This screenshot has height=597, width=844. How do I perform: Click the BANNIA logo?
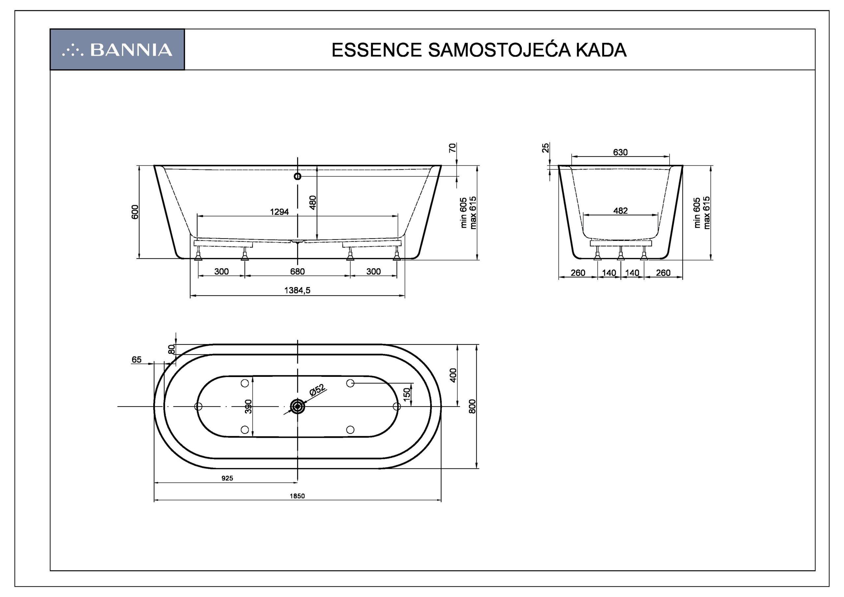click(x=117, y=50)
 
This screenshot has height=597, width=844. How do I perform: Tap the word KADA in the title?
click(x=601, y=50)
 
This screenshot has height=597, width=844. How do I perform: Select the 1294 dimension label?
click(x=279, y=212)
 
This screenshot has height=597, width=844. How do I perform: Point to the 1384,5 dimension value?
click(x=297, y=290)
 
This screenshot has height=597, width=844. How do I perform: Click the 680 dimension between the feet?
click(x=297, y=272)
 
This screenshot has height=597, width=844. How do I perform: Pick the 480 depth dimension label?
click(x=313, y=202)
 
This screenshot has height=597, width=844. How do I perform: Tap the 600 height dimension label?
click(x=135, y=212)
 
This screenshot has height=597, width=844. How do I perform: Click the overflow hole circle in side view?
click(x=297, y=176)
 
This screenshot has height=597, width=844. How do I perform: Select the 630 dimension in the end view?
click(x=620, y=152)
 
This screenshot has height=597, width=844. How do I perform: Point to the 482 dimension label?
click(x=620, y=211)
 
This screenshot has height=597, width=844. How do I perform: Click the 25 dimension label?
click(x=546, y=147)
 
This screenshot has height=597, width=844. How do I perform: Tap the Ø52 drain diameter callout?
click(x=317, y=390)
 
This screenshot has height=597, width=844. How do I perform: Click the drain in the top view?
click(x=297, y=406)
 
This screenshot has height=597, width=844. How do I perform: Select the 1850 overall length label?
click(x=297, y=496)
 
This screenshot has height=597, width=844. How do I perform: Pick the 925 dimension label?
click(x=227, y=478)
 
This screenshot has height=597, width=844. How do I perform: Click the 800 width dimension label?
click(x=473, y=406)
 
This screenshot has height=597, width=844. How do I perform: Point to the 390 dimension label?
click(x=249, y=406)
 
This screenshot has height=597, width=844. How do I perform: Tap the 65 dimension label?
click(x=136, y=360)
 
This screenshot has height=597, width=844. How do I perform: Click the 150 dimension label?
click(x=407, y=395)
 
